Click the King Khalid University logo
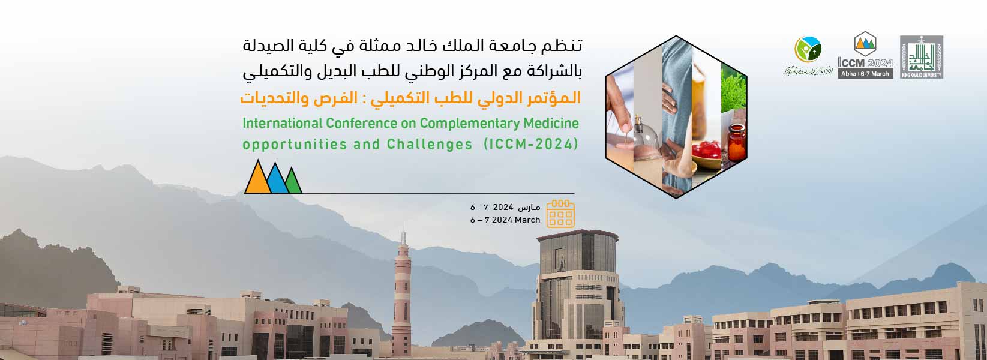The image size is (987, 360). (921, 57)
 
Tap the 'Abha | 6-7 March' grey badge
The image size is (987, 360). (865, 74)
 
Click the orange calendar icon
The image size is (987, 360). (560, 214)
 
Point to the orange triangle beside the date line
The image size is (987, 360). (257, 178)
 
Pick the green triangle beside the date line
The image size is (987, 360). (293, 182)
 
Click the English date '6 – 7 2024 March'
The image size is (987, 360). (505, 220)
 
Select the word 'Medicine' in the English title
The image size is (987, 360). (553, 124)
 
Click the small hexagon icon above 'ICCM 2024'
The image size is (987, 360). (865, 43)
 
